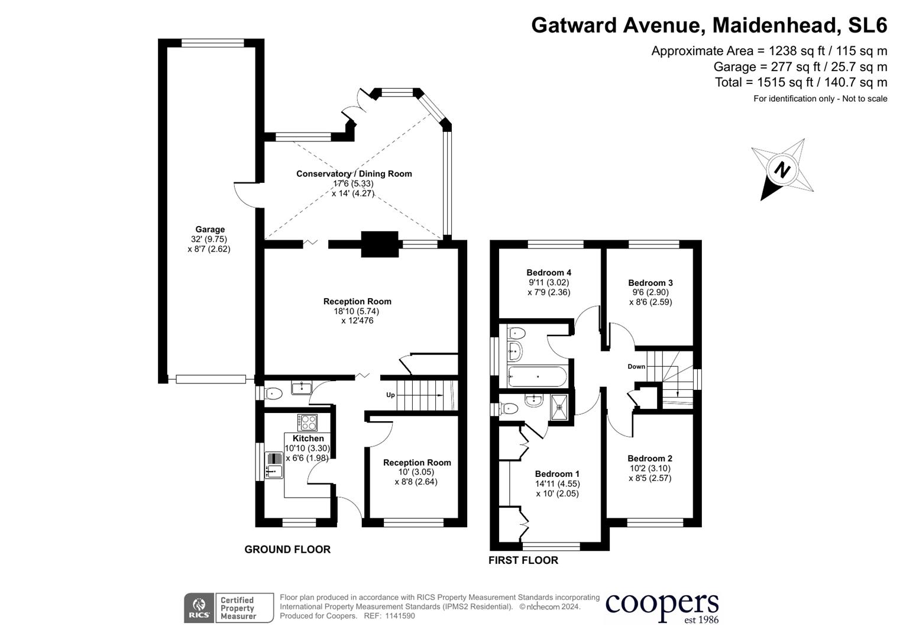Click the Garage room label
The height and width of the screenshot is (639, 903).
210,230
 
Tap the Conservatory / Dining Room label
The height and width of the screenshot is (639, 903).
354,174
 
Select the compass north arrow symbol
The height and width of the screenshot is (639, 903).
782,170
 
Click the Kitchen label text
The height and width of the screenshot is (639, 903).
308,438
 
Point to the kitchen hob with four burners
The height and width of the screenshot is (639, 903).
308,422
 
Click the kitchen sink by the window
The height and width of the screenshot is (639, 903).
274,464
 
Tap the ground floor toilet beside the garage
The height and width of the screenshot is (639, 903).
273,393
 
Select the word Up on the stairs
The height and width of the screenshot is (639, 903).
390,395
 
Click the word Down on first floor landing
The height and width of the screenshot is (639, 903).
636,367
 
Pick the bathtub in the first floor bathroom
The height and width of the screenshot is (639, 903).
537,376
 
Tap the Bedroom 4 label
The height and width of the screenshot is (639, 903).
549,273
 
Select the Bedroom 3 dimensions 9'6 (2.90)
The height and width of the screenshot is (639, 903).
650,292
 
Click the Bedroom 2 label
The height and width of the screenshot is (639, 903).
650,459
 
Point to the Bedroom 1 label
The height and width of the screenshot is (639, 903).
557,474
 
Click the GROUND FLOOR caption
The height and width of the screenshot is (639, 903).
287,550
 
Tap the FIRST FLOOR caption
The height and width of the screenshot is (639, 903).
523,560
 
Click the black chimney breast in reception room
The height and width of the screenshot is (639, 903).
380,244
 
